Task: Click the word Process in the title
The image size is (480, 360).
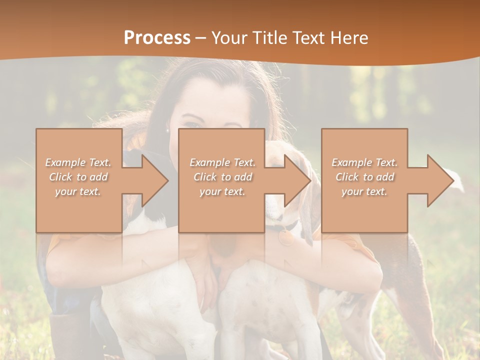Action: (157, 38)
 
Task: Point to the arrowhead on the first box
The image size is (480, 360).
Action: (150, 180)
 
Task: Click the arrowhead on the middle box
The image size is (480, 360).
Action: (293, 180)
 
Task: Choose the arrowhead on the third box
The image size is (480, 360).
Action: (435, 180)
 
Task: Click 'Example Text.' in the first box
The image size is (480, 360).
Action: (78, 162)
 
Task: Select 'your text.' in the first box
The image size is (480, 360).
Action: (78, 191)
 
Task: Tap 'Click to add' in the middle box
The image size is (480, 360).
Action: (222, 177)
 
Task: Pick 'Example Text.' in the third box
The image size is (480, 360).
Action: (364, 162)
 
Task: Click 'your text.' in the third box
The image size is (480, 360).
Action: (364, 191)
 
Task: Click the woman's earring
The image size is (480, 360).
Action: (167, 130)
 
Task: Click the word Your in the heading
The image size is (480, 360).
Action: (229, 38)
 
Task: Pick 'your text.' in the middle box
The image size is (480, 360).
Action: (222, 191)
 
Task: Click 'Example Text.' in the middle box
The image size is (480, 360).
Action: (222, 162)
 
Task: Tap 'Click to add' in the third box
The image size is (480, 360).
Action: (364, 177)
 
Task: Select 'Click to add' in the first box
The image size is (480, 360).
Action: (78, 177)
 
